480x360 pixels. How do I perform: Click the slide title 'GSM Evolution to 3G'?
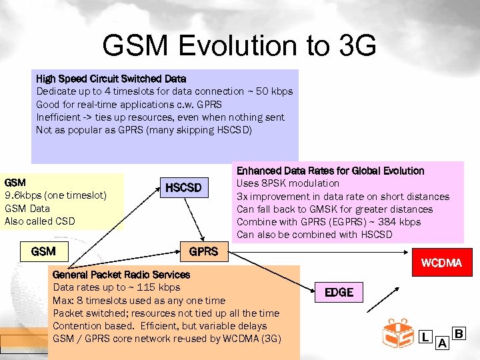point(239,46)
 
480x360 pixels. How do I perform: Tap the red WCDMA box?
point(441,263)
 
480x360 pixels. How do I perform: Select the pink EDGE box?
point(339,292)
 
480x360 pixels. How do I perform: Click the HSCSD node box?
point(183,188)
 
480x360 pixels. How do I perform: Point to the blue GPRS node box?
point(203,251)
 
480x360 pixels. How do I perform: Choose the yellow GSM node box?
point(43,251)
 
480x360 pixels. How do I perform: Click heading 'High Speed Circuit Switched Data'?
point(111,79)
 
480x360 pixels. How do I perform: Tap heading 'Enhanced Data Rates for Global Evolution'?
point(330,171)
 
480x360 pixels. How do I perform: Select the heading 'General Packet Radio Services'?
point(121,275)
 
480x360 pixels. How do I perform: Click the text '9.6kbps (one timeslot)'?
point(55,195)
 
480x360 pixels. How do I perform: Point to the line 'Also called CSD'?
point(40,221)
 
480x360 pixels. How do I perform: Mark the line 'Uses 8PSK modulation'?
point(288,183)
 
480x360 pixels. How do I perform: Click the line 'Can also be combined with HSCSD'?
point(315,234)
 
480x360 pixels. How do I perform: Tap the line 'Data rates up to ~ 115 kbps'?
point(117,287)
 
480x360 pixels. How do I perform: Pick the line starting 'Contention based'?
point(160,326)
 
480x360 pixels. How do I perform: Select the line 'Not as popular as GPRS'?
point(144,129)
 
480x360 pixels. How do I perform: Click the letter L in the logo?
point(425,337)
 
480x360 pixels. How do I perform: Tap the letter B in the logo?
point(458,333)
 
